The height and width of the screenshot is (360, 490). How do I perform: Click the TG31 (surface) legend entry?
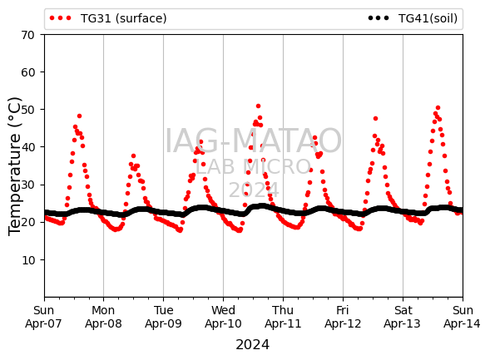coord(108,18)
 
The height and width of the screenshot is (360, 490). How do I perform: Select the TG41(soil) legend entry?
coord(413,18)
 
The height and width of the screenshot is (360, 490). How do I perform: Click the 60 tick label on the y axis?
coord(27,72)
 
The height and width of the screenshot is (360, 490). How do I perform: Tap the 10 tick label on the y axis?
coord(27,259)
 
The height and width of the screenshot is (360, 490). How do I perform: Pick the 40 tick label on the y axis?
coord(27,147)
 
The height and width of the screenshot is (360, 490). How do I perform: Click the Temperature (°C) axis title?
coord(15,166)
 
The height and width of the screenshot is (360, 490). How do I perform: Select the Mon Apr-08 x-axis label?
coord(103,317)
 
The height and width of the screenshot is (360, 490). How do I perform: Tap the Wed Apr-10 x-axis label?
coord(223,317)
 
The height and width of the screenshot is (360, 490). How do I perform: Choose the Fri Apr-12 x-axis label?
coord(343,317)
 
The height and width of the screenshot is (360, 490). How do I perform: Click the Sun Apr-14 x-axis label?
coord(463,317)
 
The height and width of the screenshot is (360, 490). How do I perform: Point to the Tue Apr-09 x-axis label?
coord(163,317)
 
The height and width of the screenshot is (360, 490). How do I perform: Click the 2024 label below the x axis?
coord(253,345)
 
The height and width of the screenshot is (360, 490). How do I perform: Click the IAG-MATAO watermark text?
coord(253,141)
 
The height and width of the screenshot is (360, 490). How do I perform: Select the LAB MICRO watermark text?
coord(253,167)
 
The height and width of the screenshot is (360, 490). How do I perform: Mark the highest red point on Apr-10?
coord(258,106)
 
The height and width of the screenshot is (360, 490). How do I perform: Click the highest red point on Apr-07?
coord(79,116)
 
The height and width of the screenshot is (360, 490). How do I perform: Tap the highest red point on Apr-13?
coord(438,108)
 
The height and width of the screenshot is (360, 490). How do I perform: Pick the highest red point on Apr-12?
coord(376,119)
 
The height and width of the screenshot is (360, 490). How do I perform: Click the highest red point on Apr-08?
coord(133,155)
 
